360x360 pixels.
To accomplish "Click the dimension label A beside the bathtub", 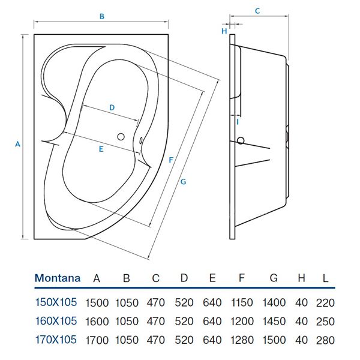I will [x=17, y=144].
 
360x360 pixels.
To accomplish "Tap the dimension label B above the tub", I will [x=102, y=17].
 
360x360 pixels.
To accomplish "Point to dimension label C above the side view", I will [x=257, y=11].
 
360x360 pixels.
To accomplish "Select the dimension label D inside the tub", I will [x=112, y=107].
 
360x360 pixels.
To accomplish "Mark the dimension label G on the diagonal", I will [x=183, y=181].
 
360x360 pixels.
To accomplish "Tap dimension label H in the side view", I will [x=224, y=31].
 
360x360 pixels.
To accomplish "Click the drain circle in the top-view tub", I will [x=122, y=136].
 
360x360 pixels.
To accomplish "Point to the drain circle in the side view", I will [x=241, y=142].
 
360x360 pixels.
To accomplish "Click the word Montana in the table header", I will [x=58, y=278].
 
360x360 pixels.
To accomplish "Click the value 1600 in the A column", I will [x=97, y=321].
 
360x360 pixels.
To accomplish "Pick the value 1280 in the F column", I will [x=242, y=340].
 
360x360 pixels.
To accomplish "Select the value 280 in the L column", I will [x=325, y=340].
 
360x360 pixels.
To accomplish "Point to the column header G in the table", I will [x=274, y=278].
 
